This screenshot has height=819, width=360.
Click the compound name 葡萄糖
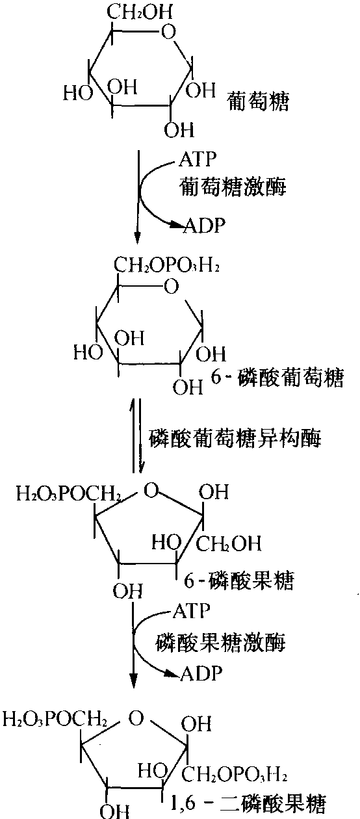click(x=258, y=101)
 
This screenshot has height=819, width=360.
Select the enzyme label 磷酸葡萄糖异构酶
click(x=235, y=438)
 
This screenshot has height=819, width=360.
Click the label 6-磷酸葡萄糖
click(x=277, y=378)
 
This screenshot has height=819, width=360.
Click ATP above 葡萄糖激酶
click(x=198, y=159)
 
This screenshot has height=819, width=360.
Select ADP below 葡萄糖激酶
click(x=205, y=225)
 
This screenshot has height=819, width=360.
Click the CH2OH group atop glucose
click(x=139, y=12)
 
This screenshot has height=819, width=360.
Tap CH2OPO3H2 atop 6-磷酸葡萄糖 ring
click(x=166, y=265)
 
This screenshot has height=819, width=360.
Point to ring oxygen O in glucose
click(x=168, y=32)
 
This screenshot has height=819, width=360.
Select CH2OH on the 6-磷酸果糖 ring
click(x=229, y=543)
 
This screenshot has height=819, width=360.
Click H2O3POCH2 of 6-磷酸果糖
click(x=69, y=494)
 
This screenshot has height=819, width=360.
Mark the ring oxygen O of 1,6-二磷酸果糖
click(x=136, y=718)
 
